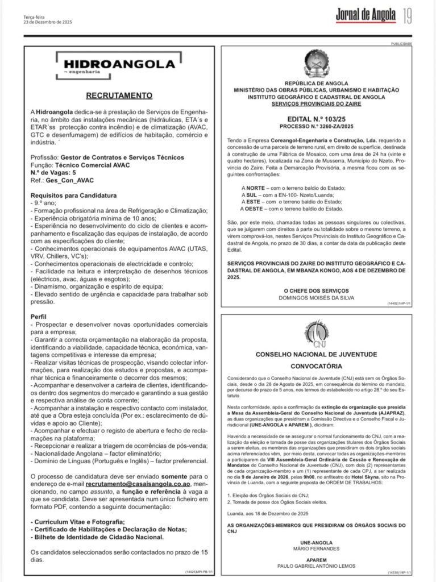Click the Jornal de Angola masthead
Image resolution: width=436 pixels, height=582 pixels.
tap(365, 15)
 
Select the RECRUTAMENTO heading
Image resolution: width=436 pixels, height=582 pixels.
tap(119, 95)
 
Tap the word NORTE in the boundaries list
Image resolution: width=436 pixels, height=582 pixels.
tap(257, 188)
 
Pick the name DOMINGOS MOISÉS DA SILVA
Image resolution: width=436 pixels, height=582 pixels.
tap(316, 297)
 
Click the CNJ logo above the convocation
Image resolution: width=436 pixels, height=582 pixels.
tap(316, 335)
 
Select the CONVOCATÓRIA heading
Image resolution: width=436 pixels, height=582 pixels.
tap(316, 366)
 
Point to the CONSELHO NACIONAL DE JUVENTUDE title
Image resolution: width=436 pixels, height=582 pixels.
tap(316, 354)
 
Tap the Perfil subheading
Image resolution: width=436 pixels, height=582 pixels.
tap(38, 315)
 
